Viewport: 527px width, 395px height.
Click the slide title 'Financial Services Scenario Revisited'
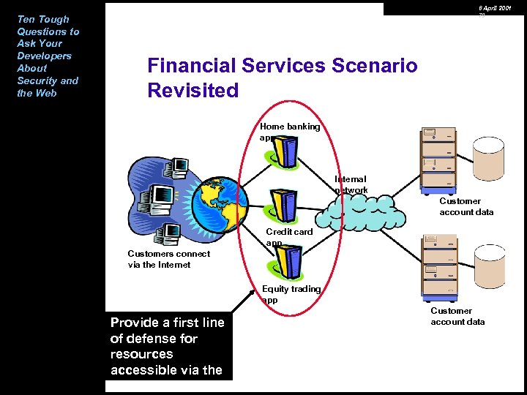tap(282, 78)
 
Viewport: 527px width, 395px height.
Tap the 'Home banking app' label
tap(290, 132)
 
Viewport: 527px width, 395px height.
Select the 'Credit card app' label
tap(288, 237)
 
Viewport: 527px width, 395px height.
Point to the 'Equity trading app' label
tap(291, 294)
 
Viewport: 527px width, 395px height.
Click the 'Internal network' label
tap(351, 184)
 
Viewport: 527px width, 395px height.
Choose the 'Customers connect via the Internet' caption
tap(168, 259)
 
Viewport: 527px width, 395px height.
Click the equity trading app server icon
tap(288, 260)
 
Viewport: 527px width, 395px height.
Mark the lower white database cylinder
tap(489, 263)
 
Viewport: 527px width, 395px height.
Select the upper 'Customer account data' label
tap(466, 206)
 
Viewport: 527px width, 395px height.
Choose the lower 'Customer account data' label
tap(457, 316)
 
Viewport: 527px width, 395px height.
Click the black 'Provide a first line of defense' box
tap(168, 345)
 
